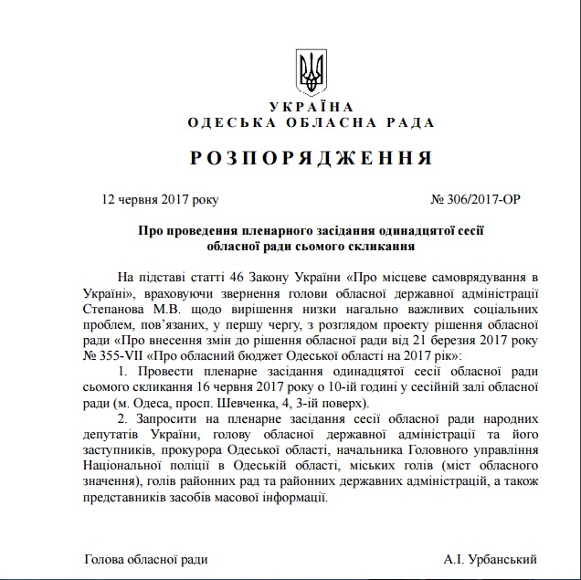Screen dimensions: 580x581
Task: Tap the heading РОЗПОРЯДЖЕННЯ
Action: [x=311, y=158]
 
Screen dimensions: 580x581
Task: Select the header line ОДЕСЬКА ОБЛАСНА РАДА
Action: [x=311, y=122]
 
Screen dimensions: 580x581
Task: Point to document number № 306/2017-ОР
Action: [x=475, y=198]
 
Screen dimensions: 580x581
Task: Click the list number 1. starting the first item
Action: [x=124, y=371]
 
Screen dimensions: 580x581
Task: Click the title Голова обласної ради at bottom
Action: [x=145, y=558]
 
